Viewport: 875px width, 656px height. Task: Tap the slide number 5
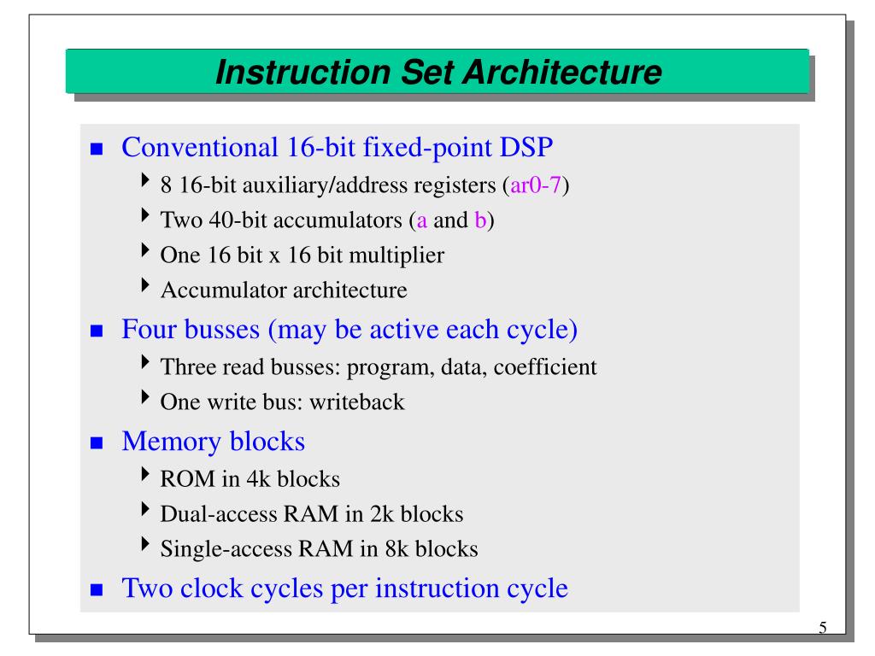[x=823, y=629]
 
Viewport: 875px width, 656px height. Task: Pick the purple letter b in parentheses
[x=480, y=220]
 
